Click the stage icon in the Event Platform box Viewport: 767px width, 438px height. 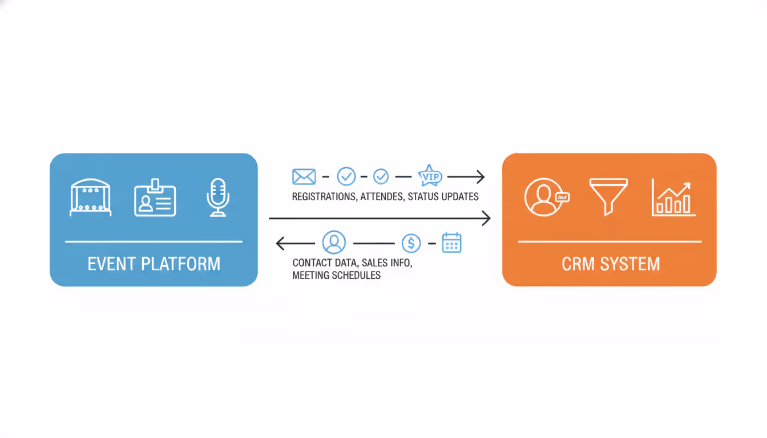pyautogui.click(x=90, y=197)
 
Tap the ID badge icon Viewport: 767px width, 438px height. pyautogui.click(x=155, y=198)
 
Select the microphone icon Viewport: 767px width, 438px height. pyautogui.click(x=217, y=197)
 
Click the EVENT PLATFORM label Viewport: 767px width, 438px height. pyautogui.click(x=154, y=264)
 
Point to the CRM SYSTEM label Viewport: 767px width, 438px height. pyautogui.click(x=611, y=264)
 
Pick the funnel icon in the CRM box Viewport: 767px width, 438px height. pyautogui.click(x=608, y=196)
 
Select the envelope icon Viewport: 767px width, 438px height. pyautogui.click(x=304, y=177)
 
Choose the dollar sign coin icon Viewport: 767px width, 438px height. pyautogui.click(x=411, y=244)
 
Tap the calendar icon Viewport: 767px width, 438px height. pyautogui.click(x=451, y=243)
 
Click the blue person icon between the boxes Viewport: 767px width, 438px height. pyautogui.click(x=334, y=242)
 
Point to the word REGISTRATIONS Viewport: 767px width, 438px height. pyautogui.click(x=323, y=197)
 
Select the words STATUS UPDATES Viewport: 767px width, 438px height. pyautogui.click(x=445, y=197)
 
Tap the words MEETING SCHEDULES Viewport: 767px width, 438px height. pyautogui.click(x=336, y=275)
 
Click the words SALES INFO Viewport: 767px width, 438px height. pyautogui.click(x=386, y=263)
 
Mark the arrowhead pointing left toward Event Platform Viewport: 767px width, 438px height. pyautogui.click(x=280, y=244)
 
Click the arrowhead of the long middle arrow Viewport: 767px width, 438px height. pyautogui.click(x=487, y=218)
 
